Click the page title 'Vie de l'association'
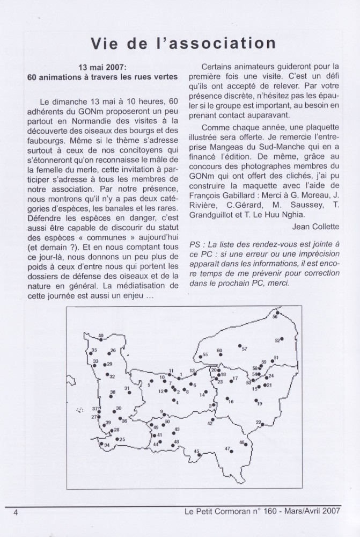click(x=180, y=42)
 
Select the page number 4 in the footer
click(x=17, y=512)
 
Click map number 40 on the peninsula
click(x=101, y=336)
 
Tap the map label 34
click(x=107, y=445)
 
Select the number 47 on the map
click(x=227, y=448)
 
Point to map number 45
click(x=196, y=451)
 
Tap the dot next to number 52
click(x=282, y=339)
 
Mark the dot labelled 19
click(x=255, y=400)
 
